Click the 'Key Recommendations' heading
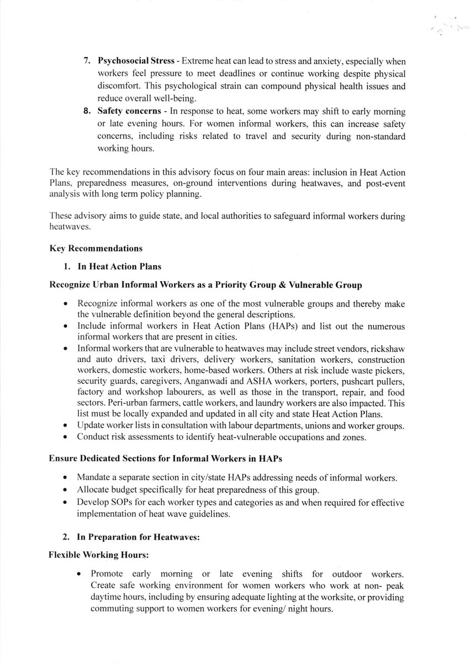click(x=95, y=249)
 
